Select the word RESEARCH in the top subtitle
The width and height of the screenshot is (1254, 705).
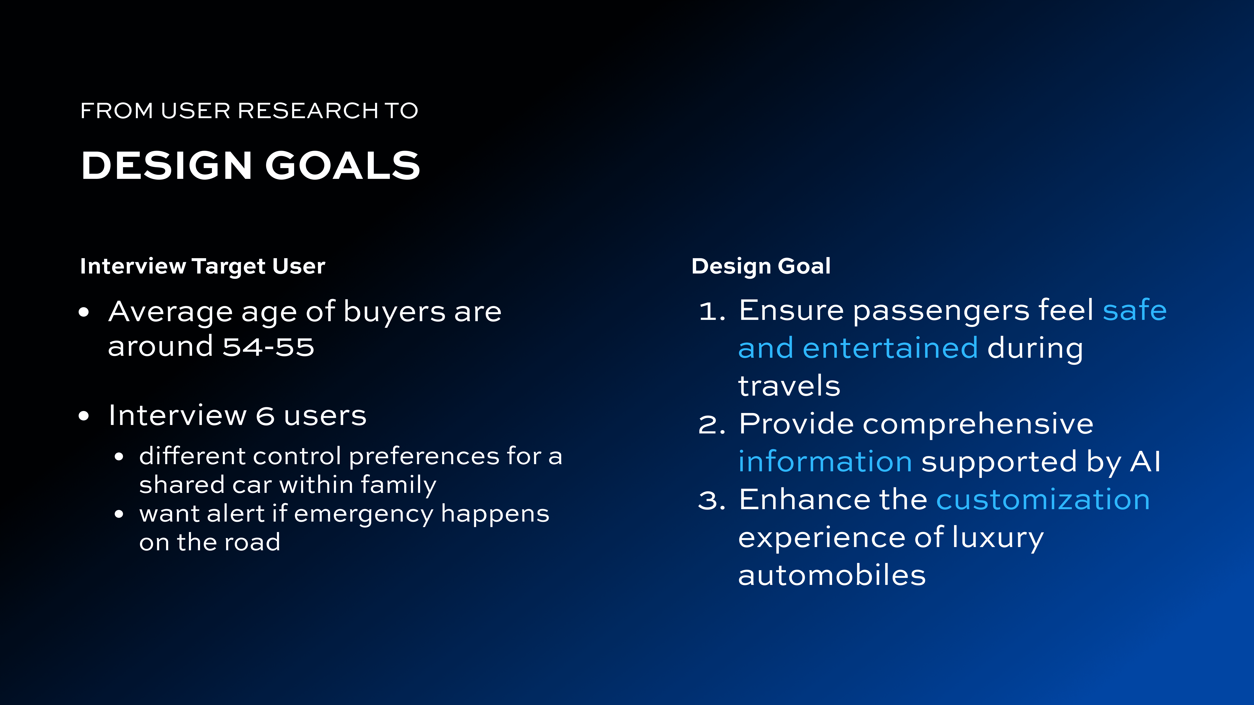tap(308, 111)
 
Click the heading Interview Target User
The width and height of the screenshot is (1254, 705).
tap(202, 266)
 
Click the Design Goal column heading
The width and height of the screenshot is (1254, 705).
tap(761, 266)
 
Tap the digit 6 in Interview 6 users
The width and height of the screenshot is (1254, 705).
tap(265, 416)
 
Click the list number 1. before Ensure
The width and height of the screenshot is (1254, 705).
tap(712, 311)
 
